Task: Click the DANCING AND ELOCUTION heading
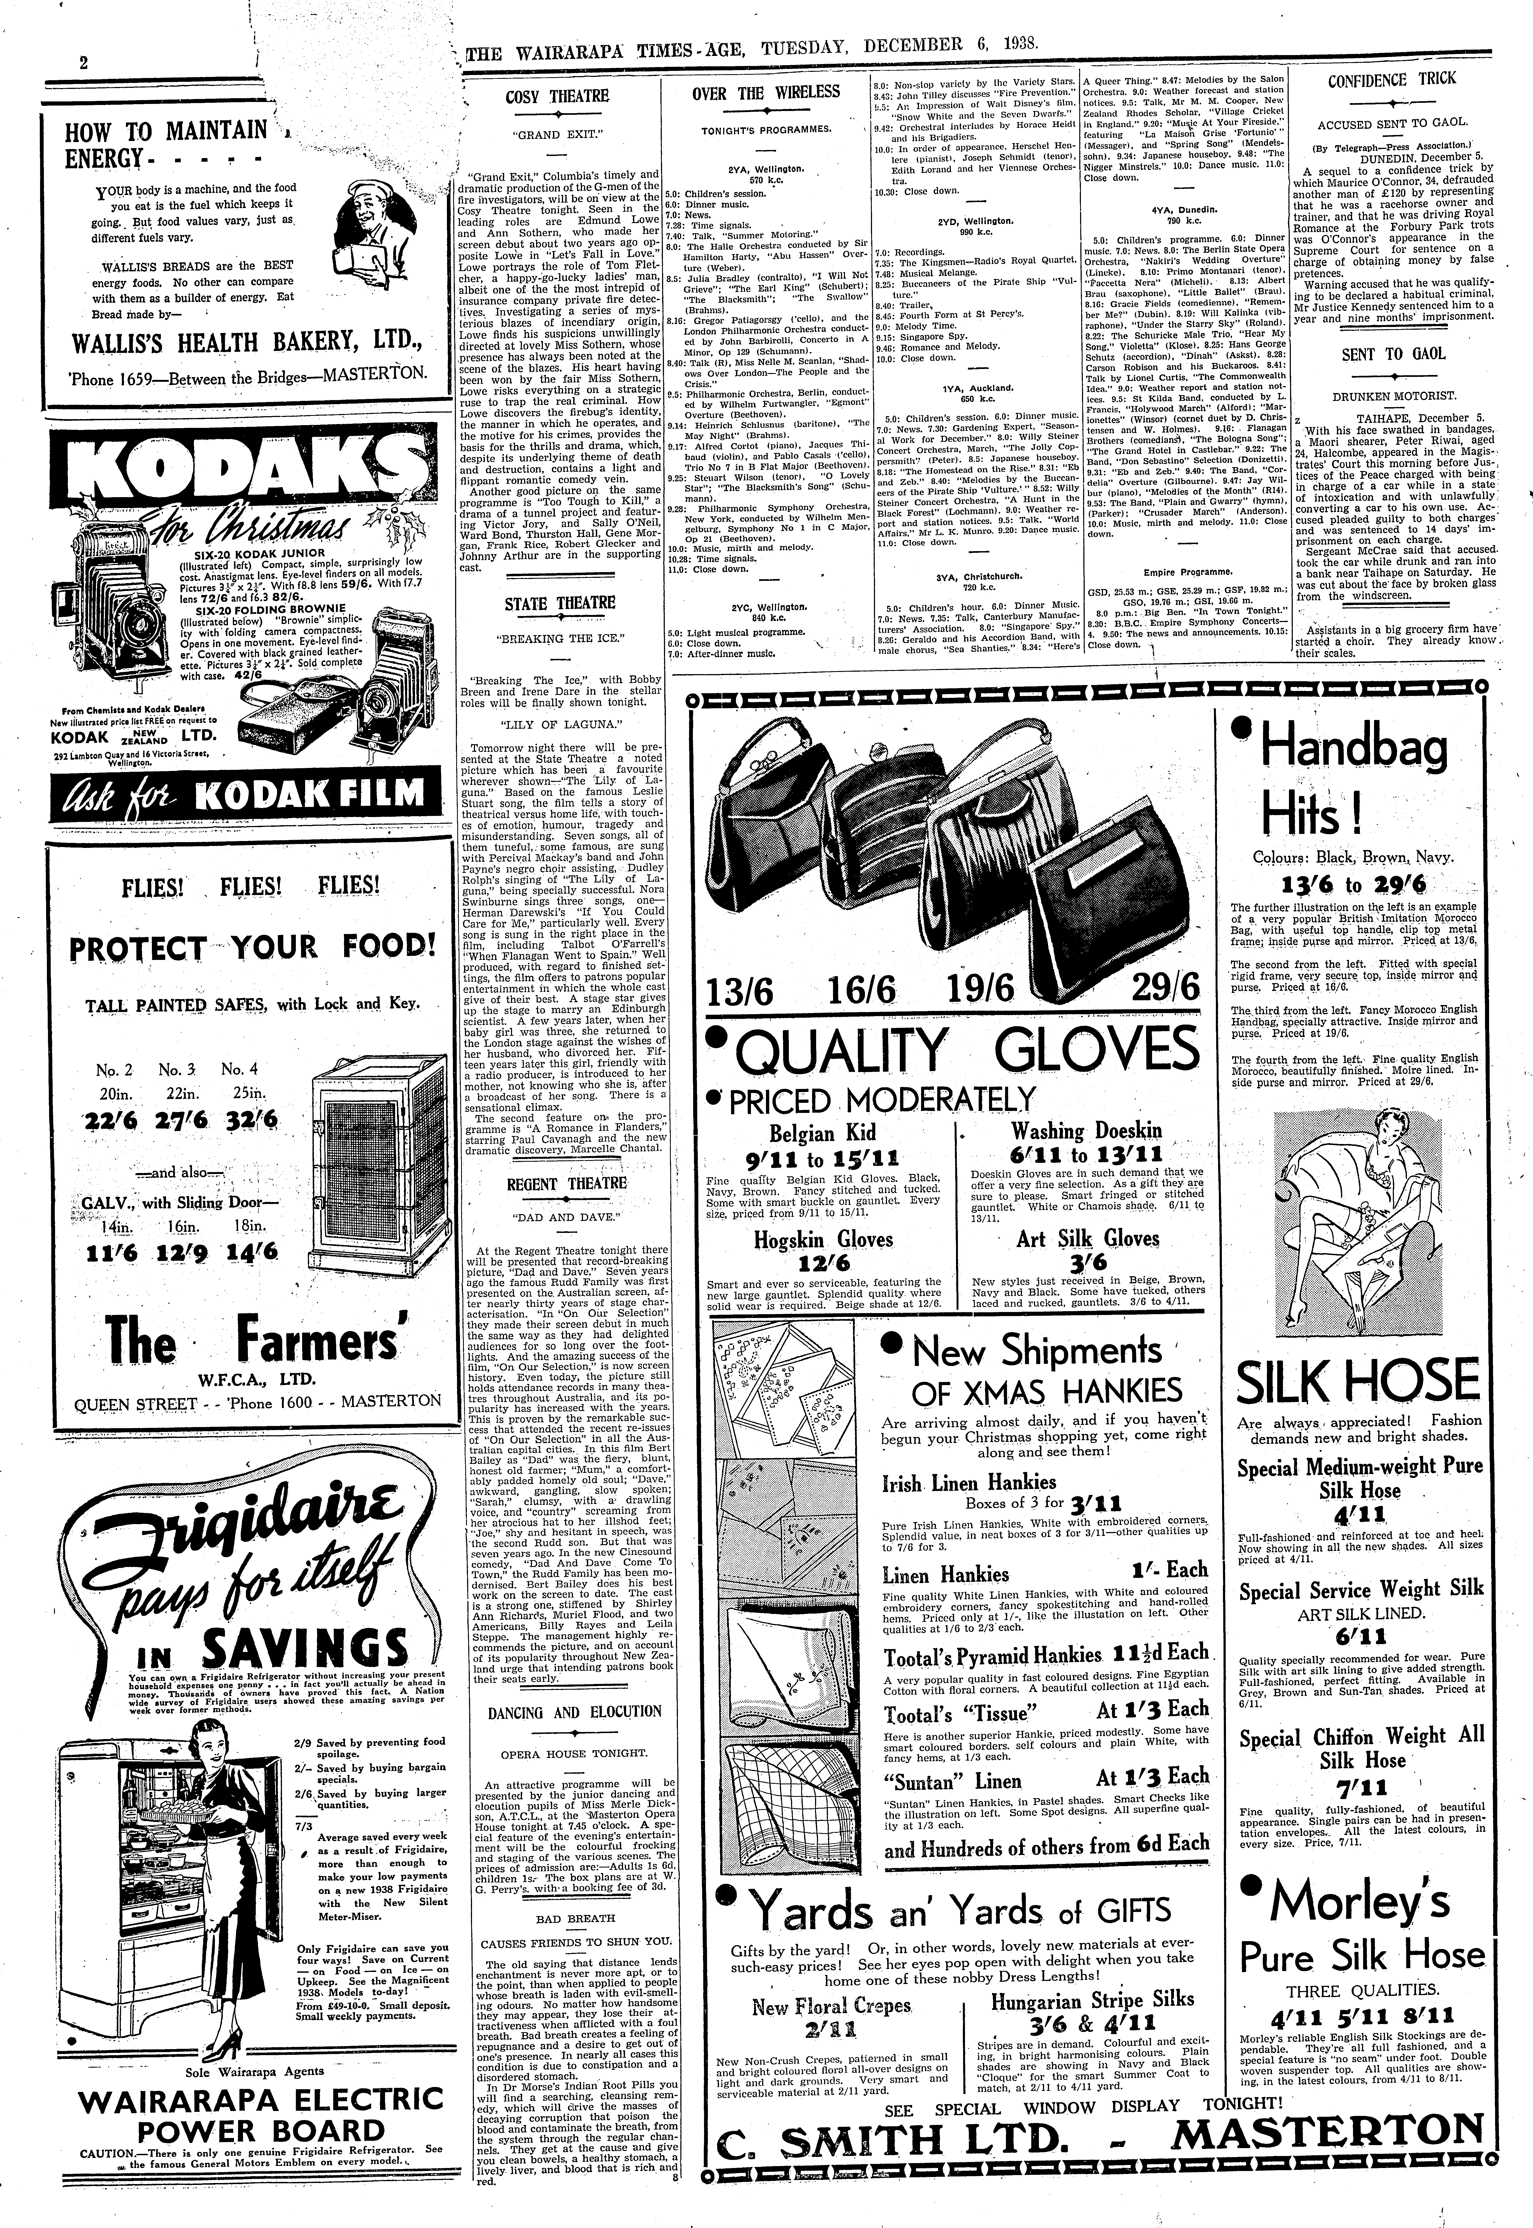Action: coord(574,1711)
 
